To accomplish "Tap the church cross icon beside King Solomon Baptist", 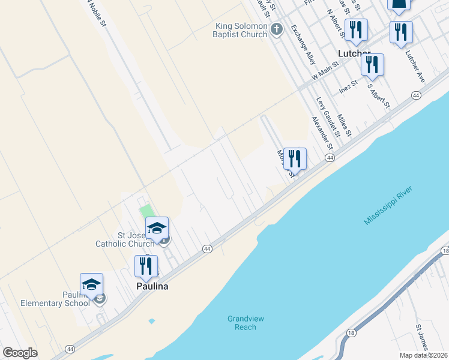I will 276,29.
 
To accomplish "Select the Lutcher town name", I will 354,53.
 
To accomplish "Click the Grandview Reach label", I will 246,323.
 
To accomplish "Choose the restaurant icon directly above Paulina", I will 146,266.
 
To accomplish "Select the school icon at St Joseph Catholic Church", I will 157,229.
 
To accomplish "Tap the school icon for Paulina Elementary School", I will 91,285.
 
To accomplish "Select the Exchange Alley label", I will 303,45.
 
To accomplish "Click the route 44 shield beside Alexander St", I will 330,157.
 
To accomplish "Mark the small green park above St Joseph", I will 146,211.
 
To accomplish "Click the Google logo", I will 20,353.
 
